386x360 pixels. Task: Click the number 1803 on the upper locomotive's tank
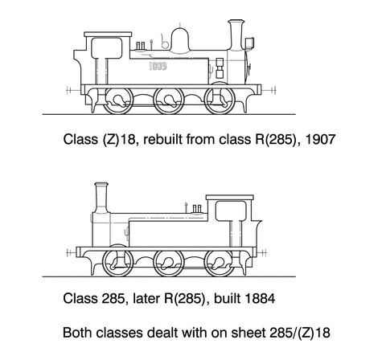click(x=158, y=66)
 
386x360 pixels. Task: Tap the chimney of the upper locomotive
click(x=236, y=35)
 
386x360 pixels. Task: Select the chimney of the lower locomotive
click(x=101, y=198)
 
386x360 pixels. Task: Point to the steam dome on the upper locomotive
click(x=180, y=39)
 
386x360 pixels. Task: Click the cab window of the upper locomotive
click(x=107, y=48)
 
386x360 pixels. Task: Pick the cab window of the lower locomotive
click(x=231, y=211)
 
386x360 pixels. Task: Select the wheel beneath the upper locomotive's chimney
click(x=220, y=99)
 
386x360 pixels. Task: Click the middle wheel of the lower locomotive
click(x=169, y=263)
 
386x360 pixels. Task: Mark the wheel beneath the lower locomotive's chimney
click(x=118, y=261)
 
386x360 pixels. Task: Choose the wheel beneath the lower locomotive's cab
click(x=220, y=263)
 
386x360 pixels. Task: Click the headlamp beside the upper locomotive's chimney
click(x=250, y=43)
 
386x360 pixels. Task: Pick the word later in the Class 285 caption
click(x=146, y=298)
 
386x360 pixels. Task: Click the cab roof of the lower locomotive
click(x=230, y=198)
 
